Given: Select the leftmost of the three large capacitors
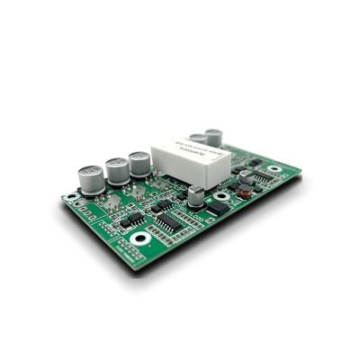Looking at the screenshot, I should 90,177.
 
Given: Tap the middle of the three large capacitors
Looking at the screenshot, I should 117,171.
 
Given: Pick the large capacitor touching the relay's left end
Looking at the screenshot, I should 139,165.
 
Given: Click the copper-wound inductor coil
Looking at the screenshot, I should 244,192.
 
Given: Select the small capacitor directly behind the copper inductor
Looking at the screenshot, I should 245,178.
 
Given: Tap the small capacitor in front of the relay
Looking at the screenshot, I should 195,195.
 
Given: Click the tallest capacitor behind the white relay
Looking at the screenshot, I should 213,138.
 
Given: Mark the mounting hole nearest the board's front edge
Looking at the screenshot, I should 140,238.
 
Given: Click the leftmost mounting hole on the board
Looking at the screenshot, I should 73,197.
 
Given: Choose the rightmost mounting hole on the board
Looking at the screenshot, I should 273,168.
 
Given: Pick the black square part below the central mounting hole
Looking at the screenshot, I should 216,208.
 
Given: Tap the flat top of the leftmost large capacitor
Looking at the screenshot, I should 90,166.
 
